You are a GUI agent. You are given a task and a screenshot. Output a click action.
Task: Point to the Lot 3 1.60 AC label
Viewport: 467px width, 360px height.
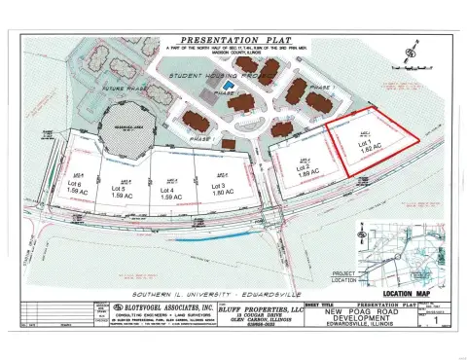point(217,189)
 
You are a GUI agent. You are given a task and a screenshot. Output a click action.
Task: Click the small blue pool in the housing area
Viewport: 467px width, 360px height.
point(227,86)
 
